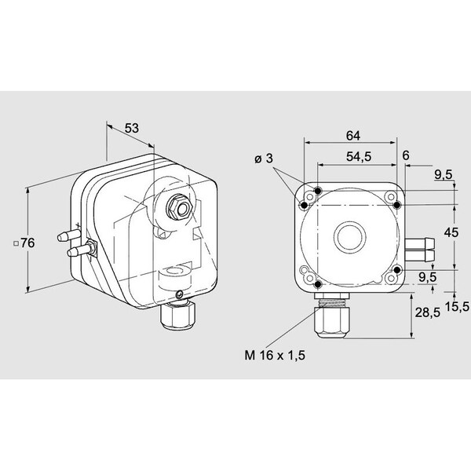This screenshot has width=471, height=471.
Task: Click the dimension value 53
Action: [x=132, y=128]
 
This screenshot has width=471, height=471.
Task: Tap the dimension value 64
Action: [x=353, y=136]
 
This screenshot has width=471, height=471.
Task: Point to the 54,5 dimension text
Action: [x=359, y=156]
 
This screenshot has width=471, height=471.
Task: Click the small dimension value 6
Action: [x=406, y=155]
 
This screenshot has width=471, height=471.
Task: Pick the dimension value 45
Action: [x=451, y=232]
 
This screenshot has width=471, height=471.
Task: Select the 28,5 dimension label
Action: [x=428, y=312]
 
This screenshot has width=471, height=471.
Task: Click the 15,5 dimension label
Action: [x=457, y=307]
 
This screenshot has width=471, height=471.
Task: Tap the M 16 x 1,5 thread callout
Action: [x=275, y=355]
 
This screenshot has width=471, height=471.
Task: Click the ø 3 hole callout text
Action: [x=264, y=159]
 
